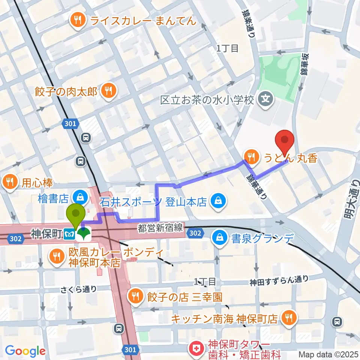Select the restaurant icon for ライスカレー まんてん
[x=78, y=20]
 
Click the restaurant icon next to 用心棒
[x=9, y=182]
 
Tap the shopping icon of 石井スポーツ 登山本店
[x=218, y=201]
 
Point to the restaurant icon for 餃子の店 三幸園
[x=134, y=297]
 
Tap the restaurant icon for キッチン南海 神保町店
[x=289, y=318]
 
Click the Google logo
[x=25, y=351]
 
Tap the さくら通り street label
[x=79, y=289]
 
